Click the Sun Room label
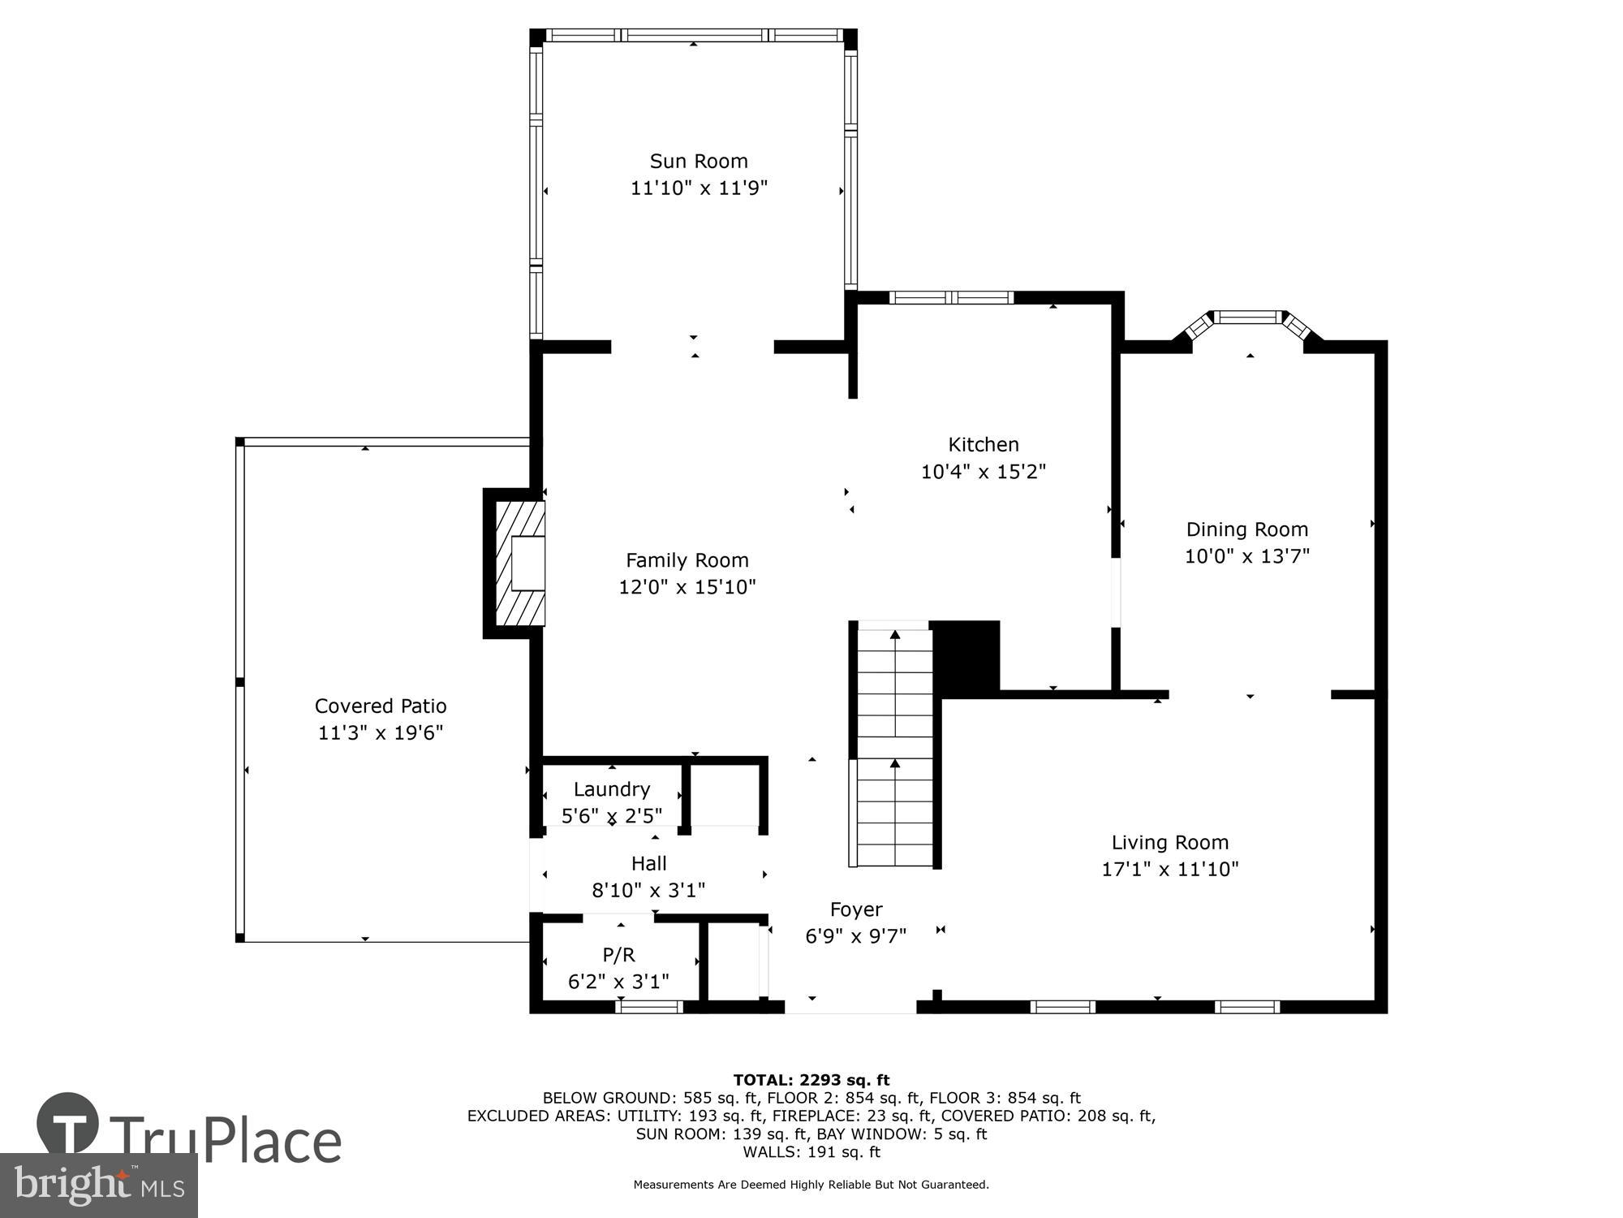click(x=699, y=161)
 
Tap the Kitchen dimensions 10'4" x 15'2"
click(x=983, y=472)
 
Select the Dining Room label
click(x=1246, y=529)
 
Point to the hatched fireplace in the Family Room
click(x=519, y=564)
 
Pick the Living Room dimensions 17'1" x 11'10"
click(x=1169, y=870)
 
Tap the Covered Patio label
click(x=381, y=706)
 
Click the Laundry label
click(x=611, y=789)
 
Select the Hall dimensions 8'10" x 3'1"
click(x=648, y=891)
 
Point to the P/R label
click(x=618, y=955)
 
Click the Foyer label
click(x=855, y=909)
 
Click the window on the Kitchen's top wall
click(x=951, y=298)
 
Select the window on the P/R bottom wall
click(x=649, y=1007)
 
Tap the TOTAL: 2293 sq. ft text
click(x=811, y=1080)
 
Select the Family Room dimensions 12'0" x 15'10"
click(x=687, y=587)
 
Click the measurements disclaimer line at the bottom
click(x=811, y=1185)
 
